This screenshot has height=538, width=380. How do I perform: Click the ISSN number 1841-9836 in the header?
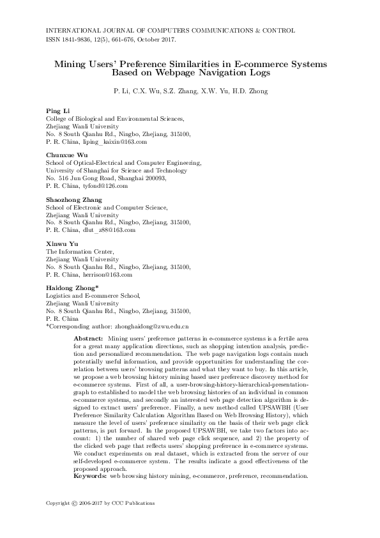[76, 40]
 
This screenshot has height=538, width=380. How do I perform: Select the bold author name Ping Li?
[57, 111]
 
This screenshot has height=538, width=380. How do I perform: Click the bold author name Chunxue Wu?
[66, 155]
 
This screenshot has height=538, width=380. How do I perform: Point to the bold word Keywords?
[90, 476]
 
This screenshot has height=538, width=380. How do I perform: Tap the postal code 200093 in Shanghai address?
[155, 178]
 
